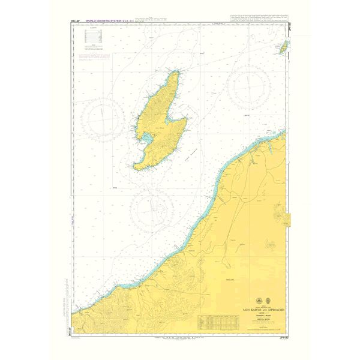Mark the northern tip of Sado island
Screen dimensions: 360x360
(x=176, y=71)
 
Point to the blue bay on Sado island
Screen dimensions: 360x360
(x=145, y=140)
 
